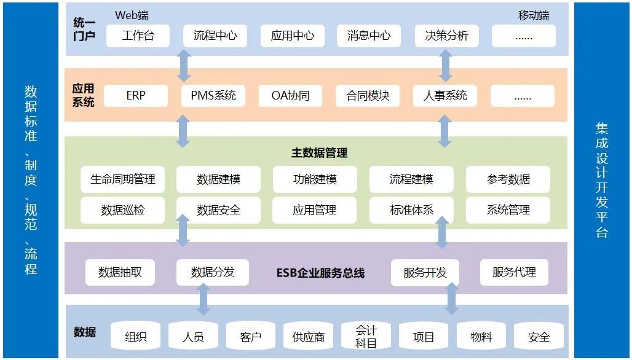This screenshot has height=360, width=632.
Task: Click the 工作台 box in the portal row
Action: tap(138, 36)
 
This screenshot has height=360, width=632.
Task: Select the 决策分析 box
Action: tap(446, 36)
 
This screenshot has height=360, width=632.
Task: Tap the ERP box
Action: tap(136, 96)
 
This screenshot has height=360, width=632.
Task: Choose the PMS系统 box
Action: tap(213, 96)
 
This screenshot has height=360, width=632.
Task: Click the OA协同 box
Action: tap(291, 96)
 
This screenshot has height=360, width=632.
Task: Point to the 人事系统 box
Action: tap(445, 96)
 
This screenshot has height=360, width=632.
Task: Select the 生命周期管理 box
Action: tap(123, 179)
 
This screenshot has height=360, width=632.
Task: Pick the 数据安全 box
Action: tap(219, 210)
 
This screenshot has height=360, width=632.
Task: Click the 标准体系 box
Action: tap(411, 210)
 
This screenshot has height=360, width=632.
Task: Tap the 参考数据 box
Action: tap(508, 179)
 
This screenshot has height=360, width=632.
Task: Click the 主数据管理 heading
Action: tap(319, 153)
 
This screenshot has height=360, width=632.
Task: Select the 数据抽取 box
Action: tap(120, 272)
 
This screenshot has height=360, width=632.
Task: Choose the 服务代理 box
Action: tap(514, 272)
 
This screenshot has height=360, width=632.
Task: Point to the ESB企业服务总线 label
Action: tap(320, 273)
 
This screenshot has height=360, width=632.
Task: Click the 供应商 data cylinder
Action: tap(308, 337)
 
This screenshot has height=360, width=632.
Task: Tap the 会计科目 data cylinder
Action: tap(366, 337)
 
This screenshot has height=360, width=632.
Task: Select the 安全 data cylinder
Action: tap(539, 337)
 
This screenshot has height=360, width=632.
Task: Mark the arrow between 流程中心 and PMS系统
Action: tap(183, 65)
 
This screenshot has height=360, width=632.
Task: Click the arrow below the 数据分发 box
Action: tap(202, 300)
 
